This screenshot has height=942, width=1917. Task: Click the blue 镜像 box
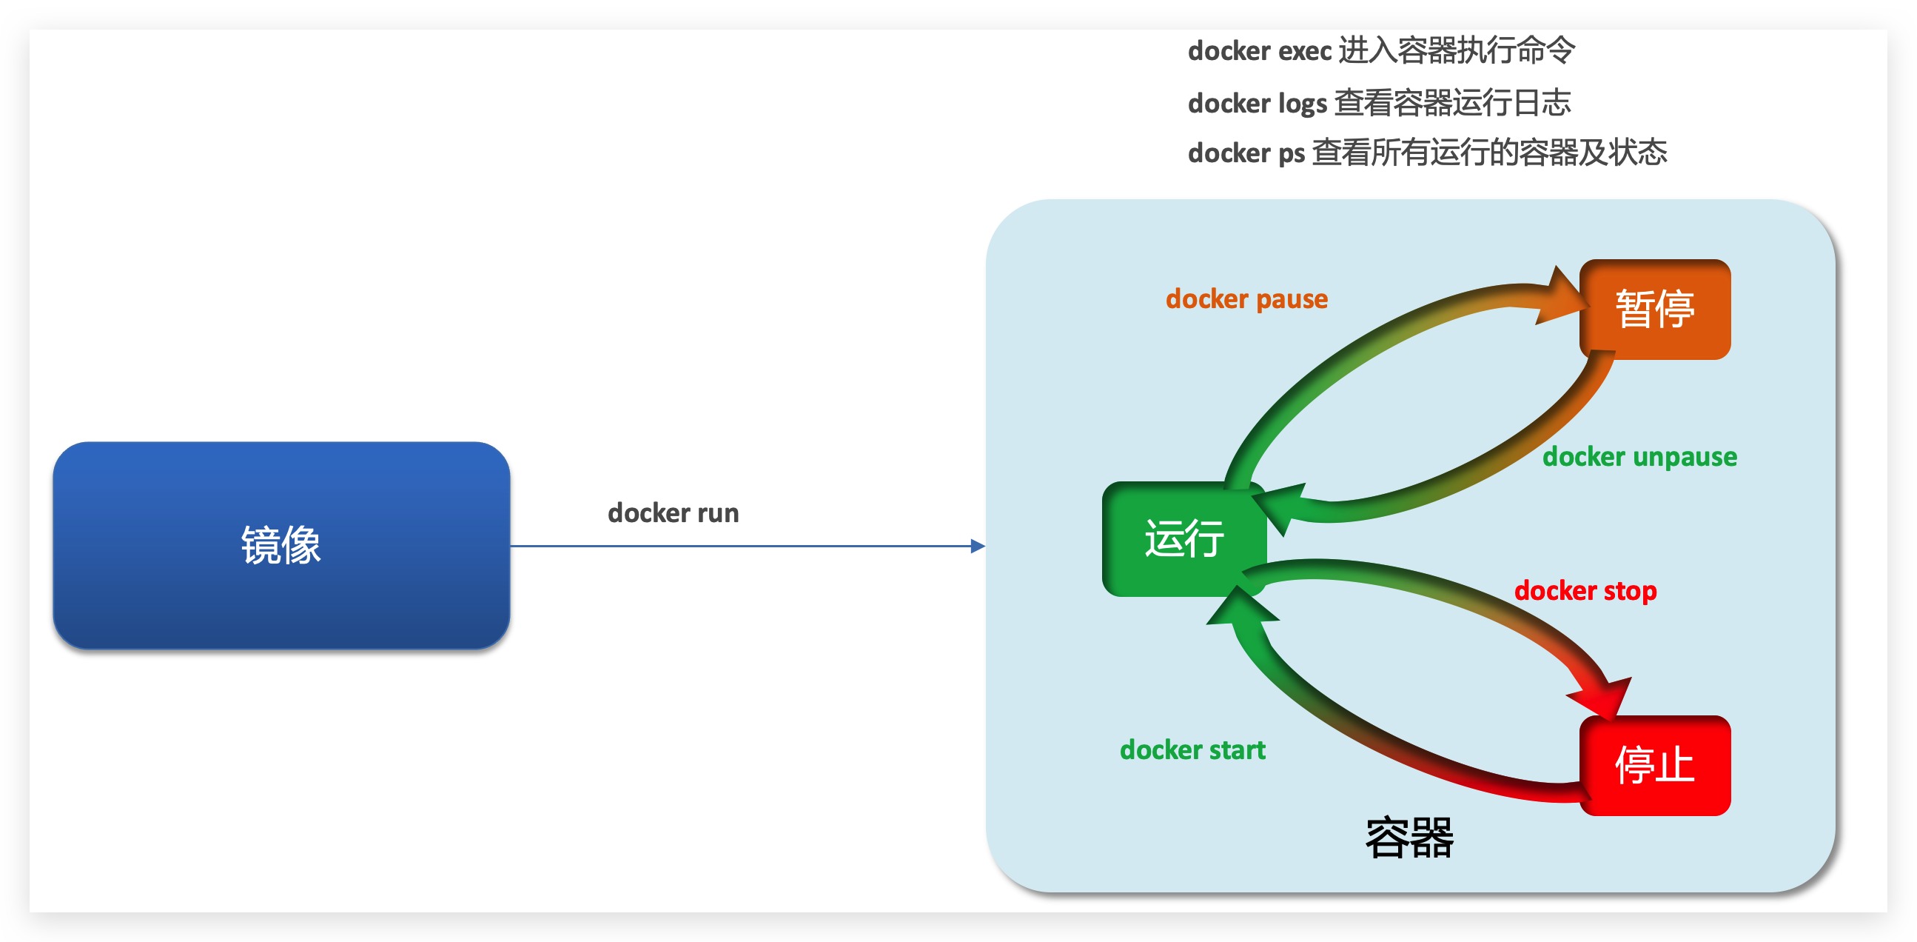coord(281,545)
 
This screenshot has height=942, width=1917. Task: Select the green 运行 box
coord(1184,538)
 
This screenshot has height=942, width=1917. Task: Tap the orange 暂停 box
coord(1654,309)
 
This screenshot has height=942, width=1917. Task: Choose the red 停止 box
coord(1654,766)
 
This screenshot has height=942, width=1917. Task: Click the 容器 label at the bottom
coord(1409,838)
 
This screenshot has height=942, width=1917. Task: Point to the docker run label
coord(673,513)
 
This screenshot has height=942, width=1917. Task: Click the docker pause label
coord(1246,298)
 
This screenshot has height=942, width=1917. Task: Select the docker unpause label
coord(1639,456)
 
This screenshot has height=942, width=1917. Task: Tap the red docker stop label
coord(1585,590)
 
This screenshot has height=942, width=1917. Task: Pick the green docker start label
coord(1192,750)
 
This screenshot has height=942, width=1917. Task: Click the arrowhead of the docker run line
coord(978,547)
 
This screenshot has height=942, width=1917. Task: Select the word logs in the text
coord(1303,104)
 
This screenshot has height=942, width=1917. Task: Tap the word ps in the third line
coord(1291,153)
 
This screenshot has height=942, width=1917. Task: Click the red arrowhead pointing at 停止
coord(1604,697)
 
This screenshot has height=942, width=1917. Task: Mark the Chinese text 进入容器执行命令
coord(1457,50)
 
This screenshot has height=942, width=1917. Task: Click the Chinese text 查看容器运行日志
coord(1452,103)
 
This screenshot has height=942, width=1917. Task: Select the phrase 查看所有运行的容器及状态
coord(1488,153)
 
